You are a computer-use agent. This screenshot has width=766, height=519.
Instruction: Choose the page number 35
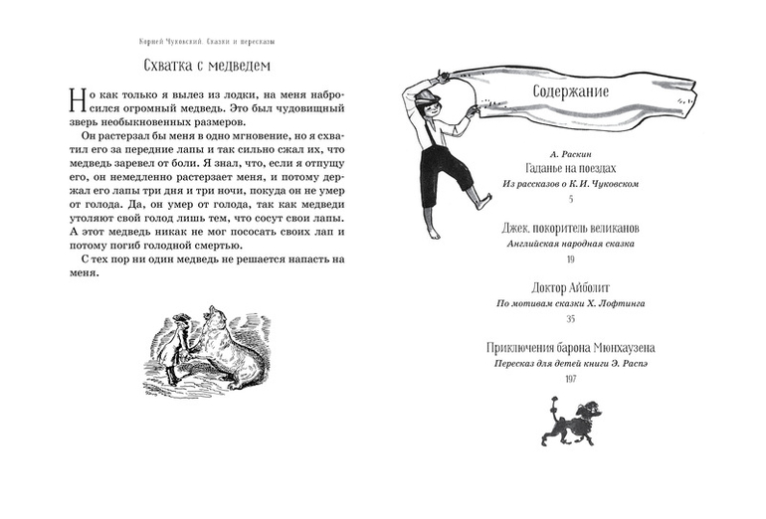click(x=571, y=318)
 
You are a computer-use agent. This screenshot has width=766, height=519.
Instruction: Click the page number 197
click(x=571, y=379)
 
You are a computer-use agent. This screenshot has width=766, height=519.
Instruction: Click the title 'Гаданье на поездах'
click(x=571, y=168)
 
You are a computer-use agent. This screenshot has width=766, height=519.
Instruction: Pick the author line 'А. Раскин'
click(x=571, y=152)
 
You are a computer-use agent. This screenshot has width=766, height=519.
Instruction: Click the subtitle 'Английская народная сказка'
click(x=571, y=244)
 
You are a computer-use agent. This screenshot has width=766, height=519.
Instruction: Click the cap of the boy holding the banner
click(x=429, y=95)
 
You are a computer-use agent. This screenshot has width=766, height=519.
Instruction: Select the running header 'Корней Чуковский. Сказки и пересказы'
click(x=208, y=42)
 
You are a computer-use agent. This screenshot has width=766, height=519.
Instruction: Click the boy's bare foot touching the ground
click(x=434, y=233)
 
